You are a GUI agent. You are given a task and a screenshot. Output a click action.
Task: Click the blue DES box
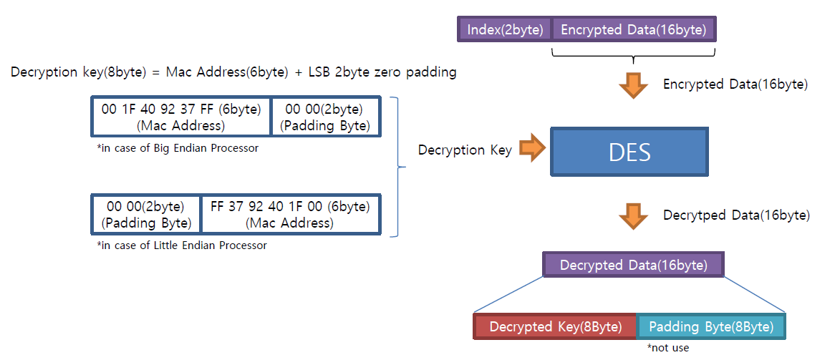[x=629, y=152]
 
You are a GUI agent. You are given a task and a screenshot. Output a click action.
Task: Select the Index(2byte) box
[x=506, y=30]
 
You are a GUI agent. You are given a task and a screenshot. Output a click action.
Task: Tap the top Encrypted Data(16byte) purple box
[x=633, y=30]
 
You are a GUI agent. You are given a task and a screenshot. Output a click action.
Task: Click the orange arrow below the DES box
[x=633, y=216]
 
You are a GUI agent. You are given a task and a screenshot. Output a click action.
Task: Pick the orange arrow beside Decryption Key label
[x=531, y=150]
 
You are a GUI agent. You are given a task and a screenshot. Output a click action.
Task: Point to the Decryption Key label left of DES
[x=465, y=150]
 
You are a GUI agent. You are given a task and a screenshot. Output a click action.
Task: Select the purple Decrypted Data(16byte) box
[x=633, y=266]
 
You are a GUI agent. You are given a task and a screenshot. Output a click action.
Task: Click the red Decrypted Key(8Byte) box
[x=555, y=326]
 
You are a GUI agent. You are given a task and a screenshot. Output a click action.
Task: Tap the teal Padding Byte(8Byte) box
[x=710, y=326]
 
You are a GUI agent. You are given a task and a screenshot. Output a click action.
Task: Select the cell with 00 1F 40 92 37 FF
[x=181, y=117]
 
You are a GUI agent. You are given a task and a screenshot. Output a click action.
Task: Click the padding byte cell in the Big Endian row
[x=325, y=117]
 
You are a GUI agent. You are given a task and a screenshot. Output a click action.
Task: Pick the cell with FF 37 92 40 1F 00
[x=289, y=214]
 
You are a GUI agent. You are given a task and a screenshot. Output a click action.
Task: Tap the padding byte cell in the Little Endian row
[x=147, y=214]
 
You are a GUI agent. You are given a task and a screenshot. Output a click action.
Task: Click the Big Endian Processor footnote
[x=177, y=148]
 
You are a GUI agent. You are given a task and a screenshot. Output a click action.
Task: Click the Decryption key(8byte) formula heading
[x=233, y=72]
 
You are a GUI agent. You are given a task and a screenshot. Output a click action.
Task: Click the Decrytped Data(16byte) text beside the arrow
[x=736, y=215]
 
